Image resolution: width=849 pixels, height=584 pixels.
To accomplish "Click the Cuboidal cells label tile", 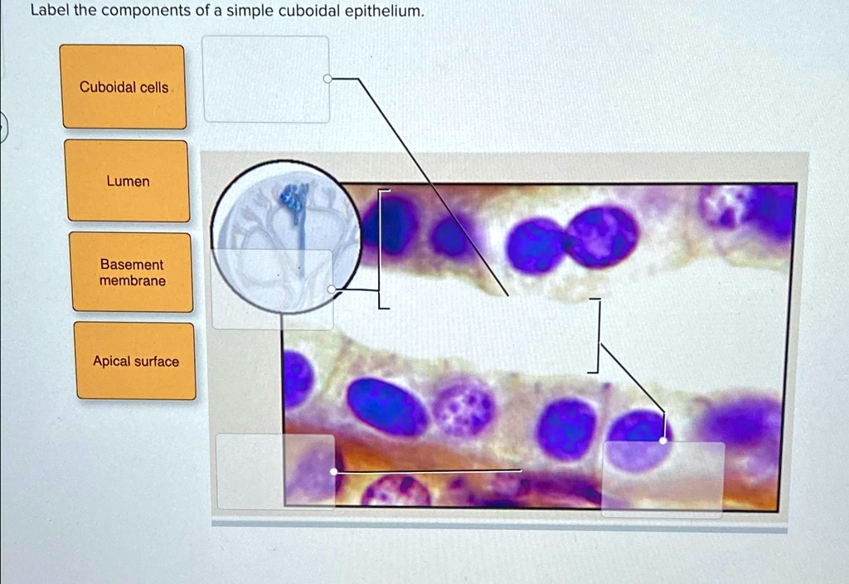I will (124, 87).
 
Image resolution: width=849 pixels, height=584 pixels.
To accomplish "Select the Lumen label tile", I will (128, 181).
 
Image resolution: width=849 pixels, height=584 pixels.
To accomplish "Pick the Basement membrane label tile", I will (132, 272).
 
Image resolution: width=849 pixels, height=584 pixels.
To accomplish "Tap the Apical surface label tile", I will (136, 361).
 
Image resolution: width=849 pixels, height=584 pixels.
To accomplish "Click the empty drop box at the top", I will (266, 80).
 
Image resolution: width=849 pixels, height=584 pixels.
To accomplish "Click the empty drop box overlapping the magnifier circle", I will (272, 289).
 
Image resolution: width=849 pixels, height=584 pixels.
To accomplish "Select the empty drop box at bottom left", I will (275, 471).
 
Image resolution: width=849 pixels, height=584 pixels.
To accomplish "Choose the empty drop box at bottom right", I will (662, 479).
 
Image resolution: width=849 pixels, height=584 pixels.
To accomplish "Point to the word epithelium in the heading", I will (382, 12).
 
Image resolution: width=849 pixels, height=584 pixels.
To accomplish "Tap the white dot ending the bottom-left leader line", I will (333, 471).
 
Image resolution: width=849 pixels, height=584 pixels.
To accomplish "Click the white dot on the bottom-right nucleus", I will (662, 440).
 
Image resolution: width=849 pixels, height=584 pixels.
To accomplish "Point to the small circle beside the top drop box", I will (327, 79).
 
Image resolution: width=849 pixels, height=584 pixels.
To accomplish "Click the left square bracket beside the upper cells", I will (381, 249).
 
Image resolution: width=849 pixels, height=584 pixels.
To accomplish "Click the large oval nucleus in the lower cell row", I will (386, 406).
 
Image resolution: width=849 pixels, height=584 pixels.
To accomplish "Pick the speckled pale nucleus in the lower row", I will (463, 407).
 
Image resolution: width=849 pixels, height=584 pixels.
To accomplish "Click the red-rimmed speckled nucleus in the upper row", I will (602, 235).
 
